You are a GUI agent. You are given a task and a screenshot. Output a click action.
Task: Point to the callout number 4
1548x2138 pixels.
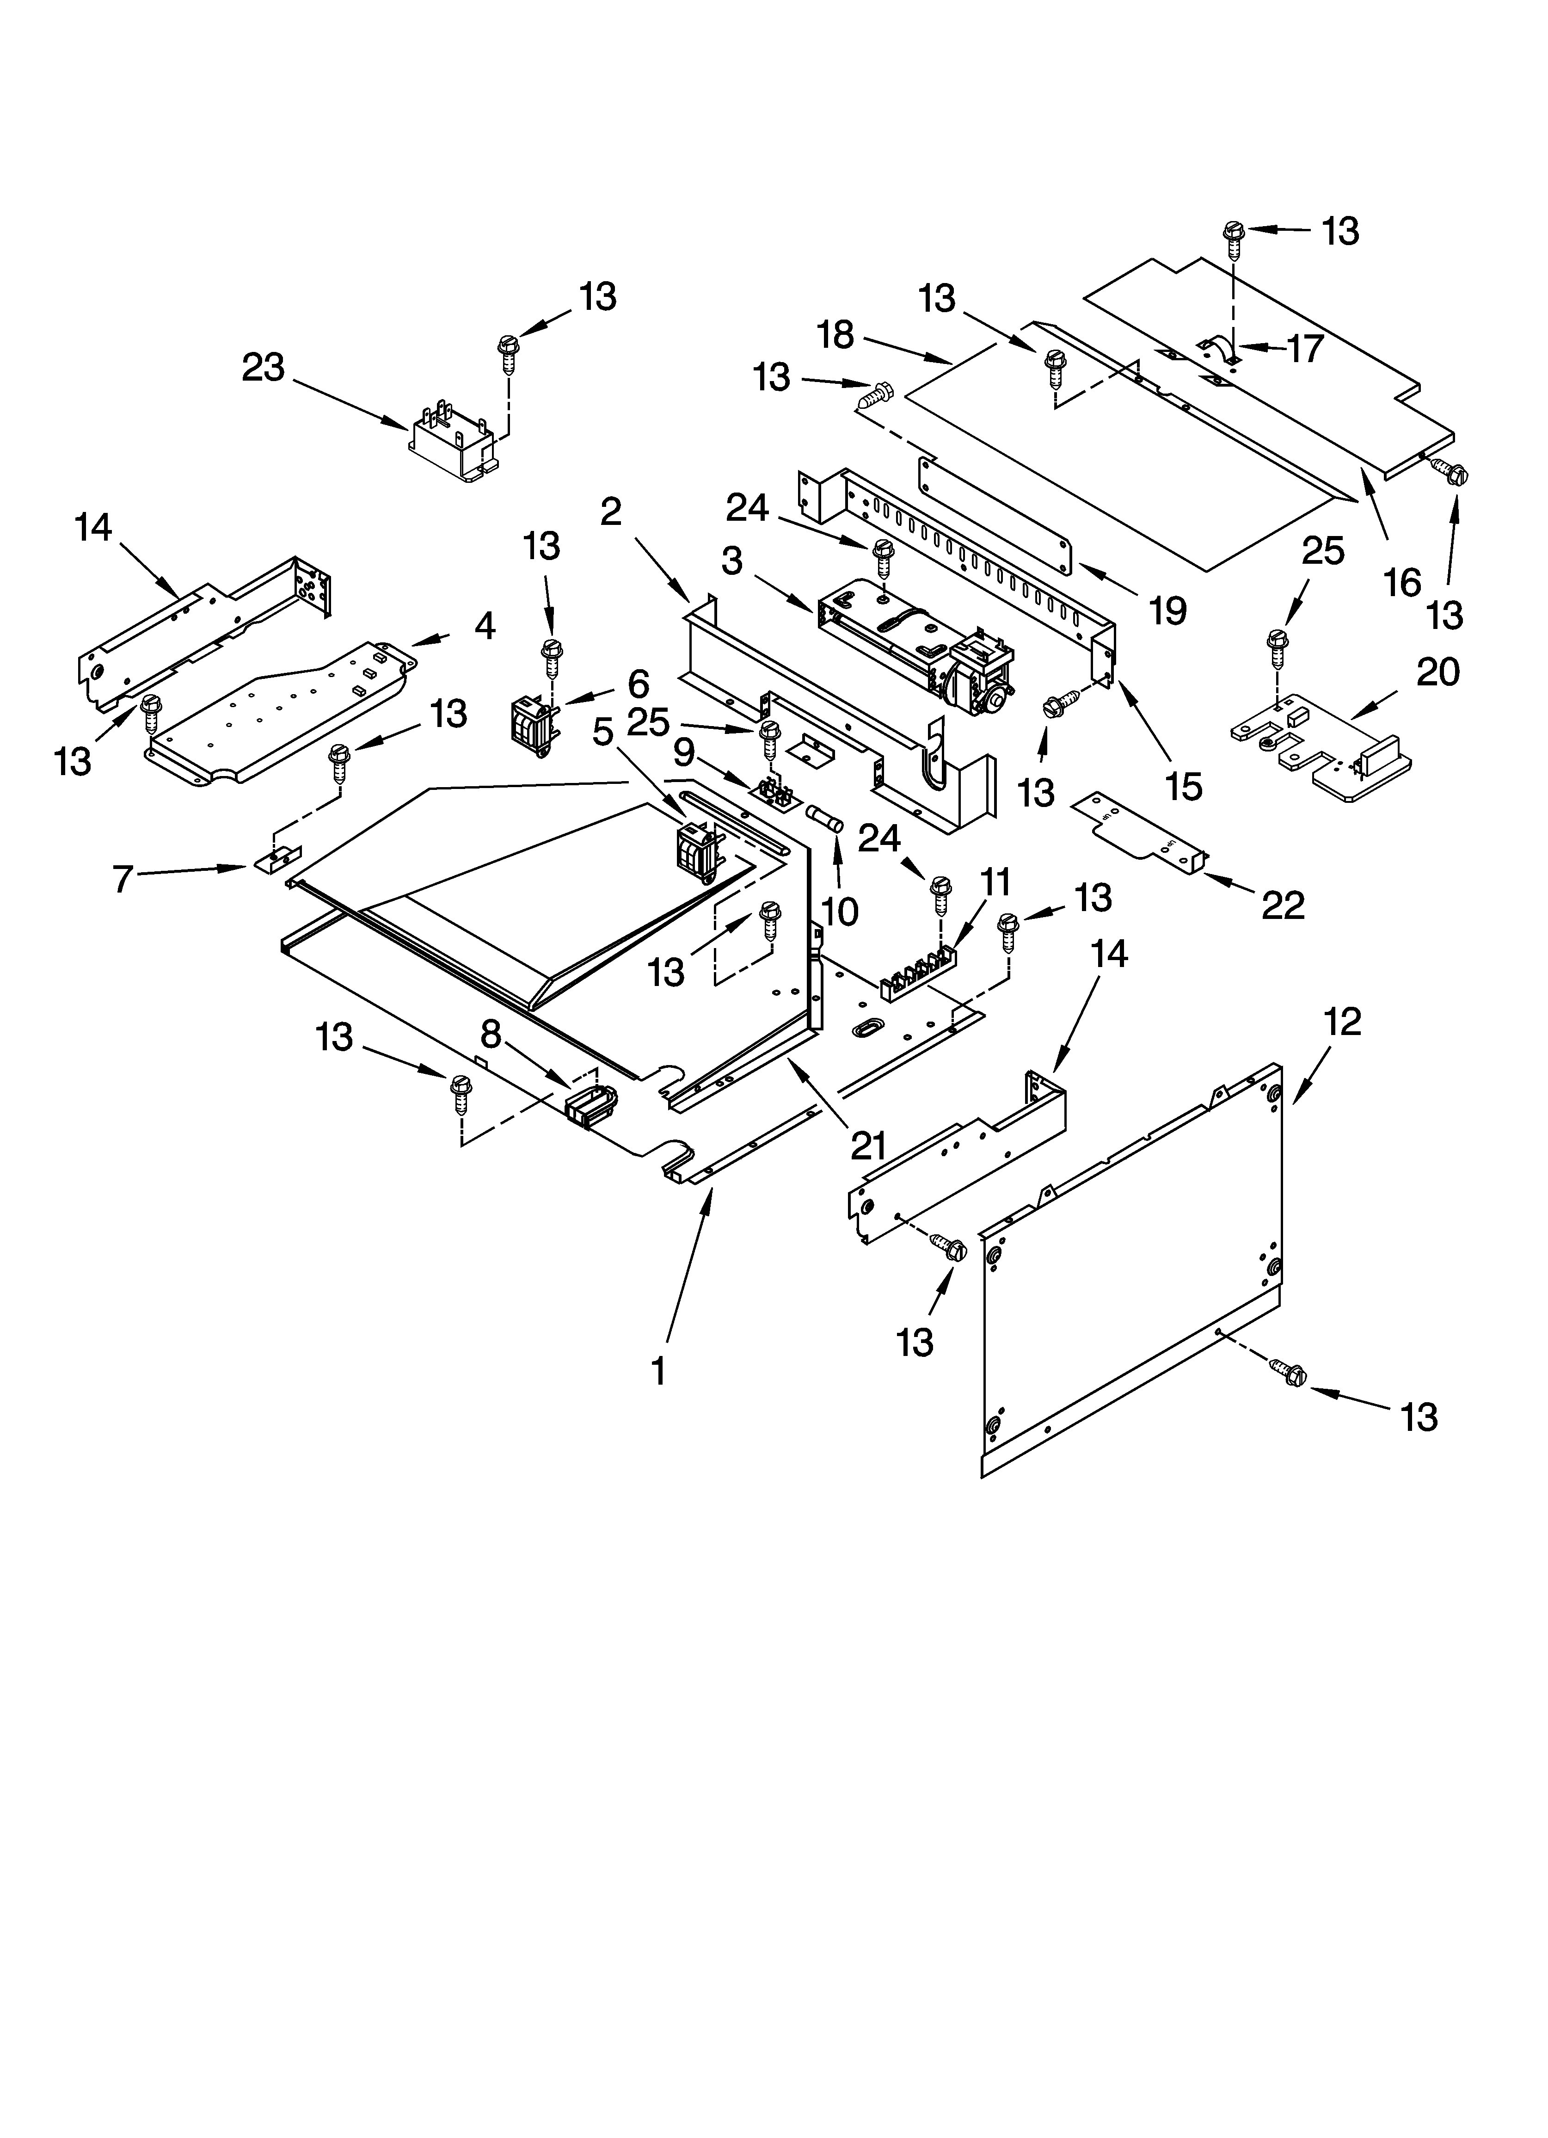[485, 627]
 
